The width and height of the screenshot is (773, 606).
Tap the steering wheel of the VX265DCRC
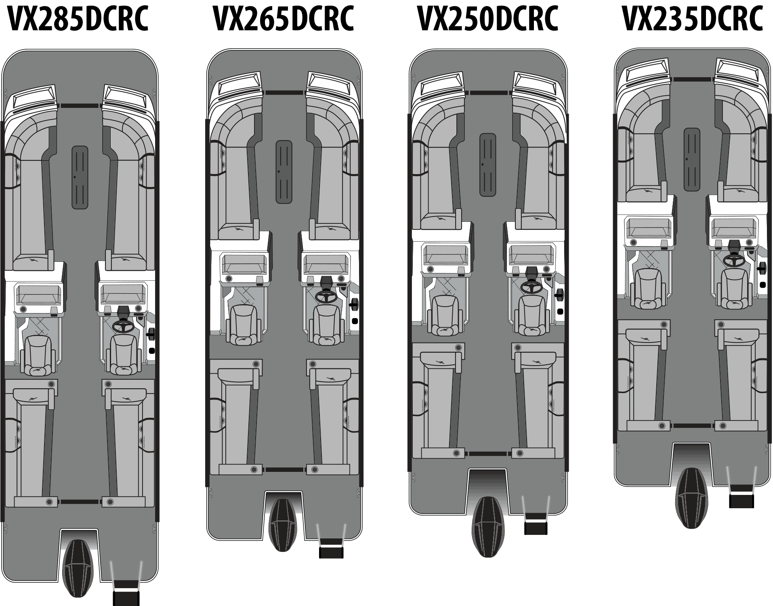tap(326, 297)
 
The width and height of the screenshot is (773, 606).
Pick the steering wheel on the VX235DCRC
tap(734, 260)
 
